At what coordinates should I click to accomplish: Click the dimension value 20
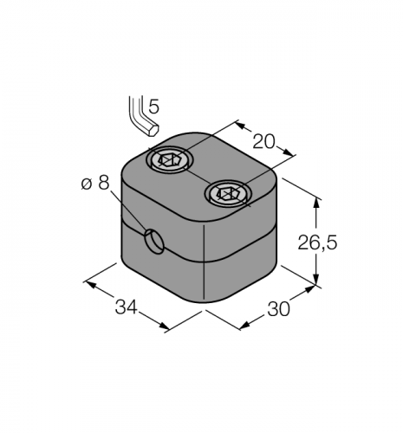coord(263,142)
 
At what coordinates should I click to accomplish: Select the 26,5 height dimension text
coord(317,242)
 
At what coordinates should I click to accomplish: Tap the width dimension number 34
coord(126,307)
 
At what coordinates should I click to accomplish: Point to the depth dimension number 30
coord(278,309)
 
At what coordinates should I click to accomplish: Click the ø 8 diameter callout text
coord(95,183)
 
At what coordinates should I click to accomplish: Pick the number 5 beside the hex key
coord(153,107)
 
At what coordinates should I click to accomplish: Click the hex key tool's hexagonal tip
coord(153,131)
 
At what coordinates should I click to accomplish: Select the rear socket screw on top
coord(170,160)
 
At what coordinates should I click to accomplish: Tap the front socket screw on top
coord(228,193)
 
